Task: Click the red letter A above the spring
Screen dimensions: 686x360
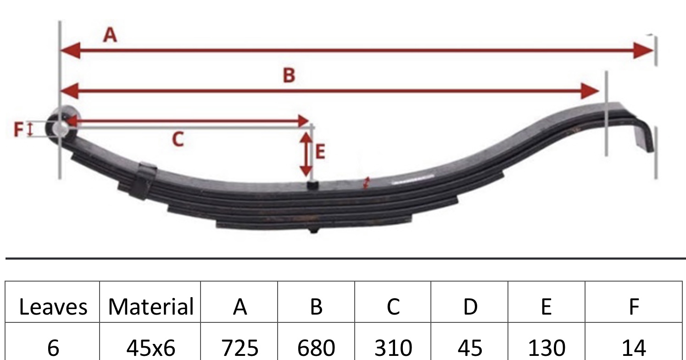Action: point(110,35)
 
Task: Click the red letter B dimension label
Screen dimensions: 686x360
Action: point(289,75)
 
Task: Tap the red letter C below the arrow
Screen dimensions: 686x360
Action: point(178,139)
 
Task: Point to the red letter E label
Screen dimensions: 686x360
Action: point(320,152)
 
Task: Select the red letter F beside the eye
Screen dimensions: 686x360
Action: point(18,129)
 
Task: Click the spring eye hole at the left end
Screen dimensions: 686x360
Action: point(61,128)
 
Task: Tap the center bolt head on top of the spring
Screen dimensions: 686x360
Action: point(312,185)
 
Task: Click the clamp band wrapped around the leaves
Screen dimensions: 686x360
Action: point(145,181)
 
